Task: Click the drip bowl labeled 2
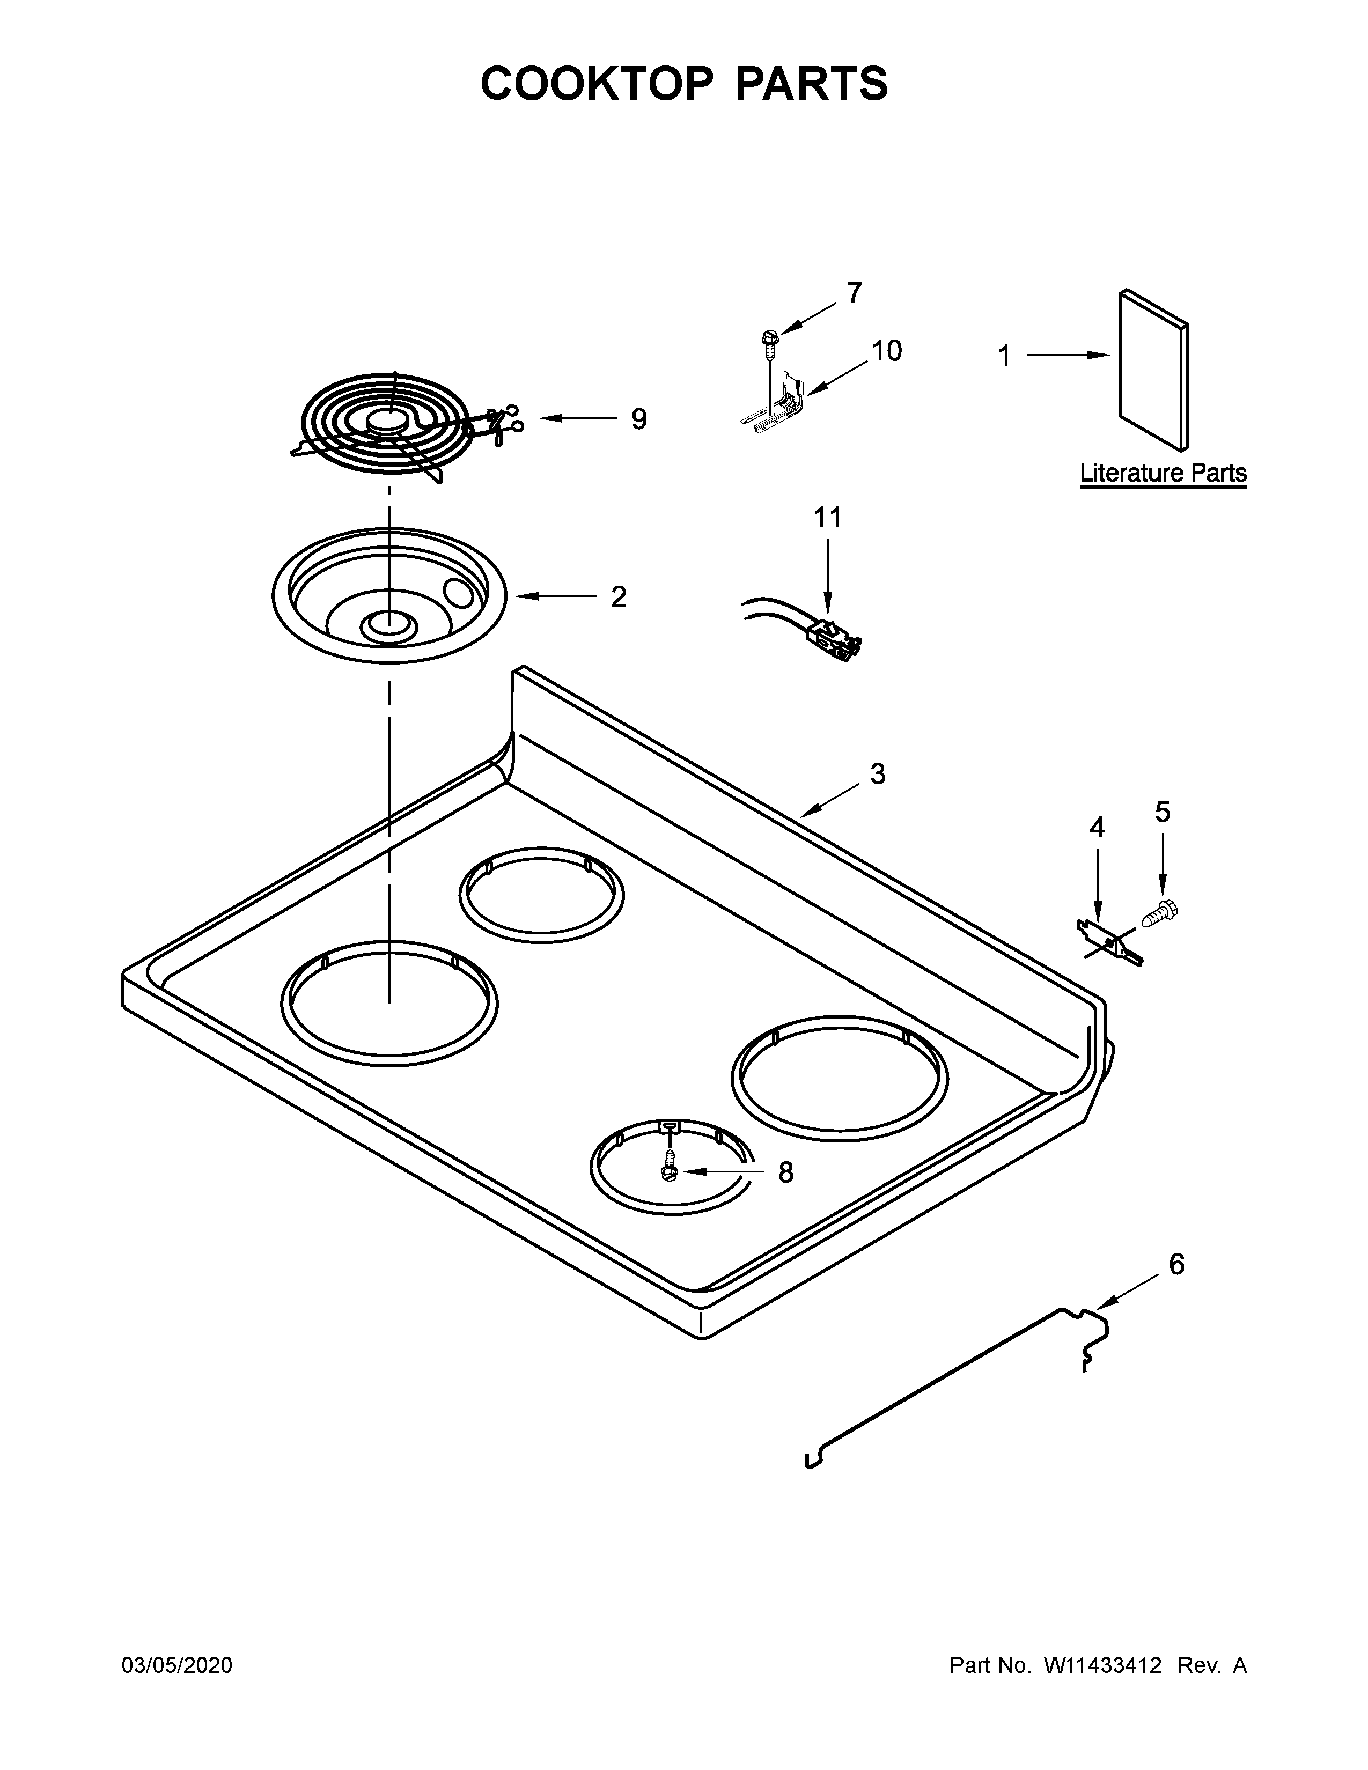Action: (x=389, y=596)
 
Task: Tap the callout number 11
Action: (x=827, y=517)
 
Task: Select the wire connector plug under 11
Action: (x=835, y=635)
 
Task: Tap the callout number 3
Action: (x=878, y=774)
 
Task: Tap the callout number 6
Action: (x=1176, y=1264)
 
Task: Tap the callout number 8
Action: (x=785, y=1172)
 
